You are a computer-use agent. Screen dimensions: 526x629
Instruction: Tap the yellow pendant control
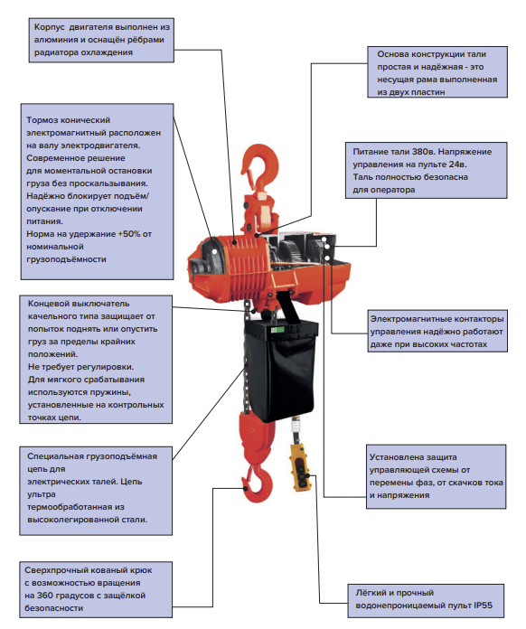[300, 467]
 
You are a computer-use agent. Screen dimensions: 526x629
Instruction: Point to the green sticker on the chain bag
[277, 330]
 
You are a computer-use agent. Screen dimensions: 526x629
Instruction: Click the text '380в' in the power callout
[423, 152]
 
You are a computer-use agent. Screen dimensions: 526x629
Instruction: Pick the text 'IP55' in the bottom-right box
[483, 606]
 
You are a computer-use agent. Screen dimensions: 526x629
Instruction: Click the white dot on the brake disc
[215, 251]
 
